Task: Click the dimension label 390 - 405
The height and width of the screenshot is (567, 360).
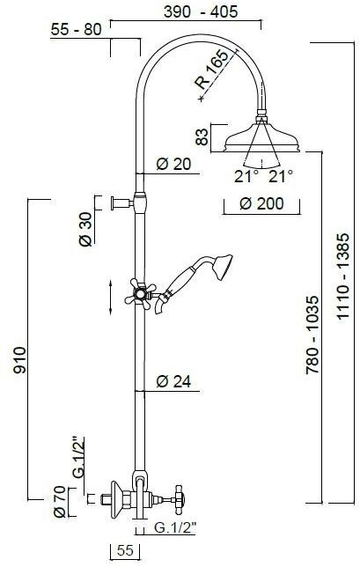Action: [201, 11]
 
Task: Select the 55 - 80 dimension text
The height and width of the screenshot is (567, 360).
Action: [76, 29]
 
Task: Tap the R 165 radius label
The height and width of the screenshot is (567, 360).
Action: [212, 70]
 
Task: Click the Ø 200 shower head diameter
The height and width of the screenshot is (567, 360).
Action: [261, 203]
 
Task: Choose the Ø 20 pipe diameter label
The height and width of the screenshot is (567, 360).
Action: [173, 164]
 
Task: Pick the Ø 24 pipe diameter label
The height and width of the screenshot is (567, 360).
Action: [173, 381]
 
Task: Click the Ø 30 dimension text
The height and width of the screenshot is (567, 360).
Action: [85, 229]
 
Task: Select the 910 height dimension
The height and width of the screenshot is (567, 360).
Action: [19, 360]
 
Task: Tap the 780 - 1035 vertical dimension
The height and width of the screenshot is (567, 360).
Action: [312, 335]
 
